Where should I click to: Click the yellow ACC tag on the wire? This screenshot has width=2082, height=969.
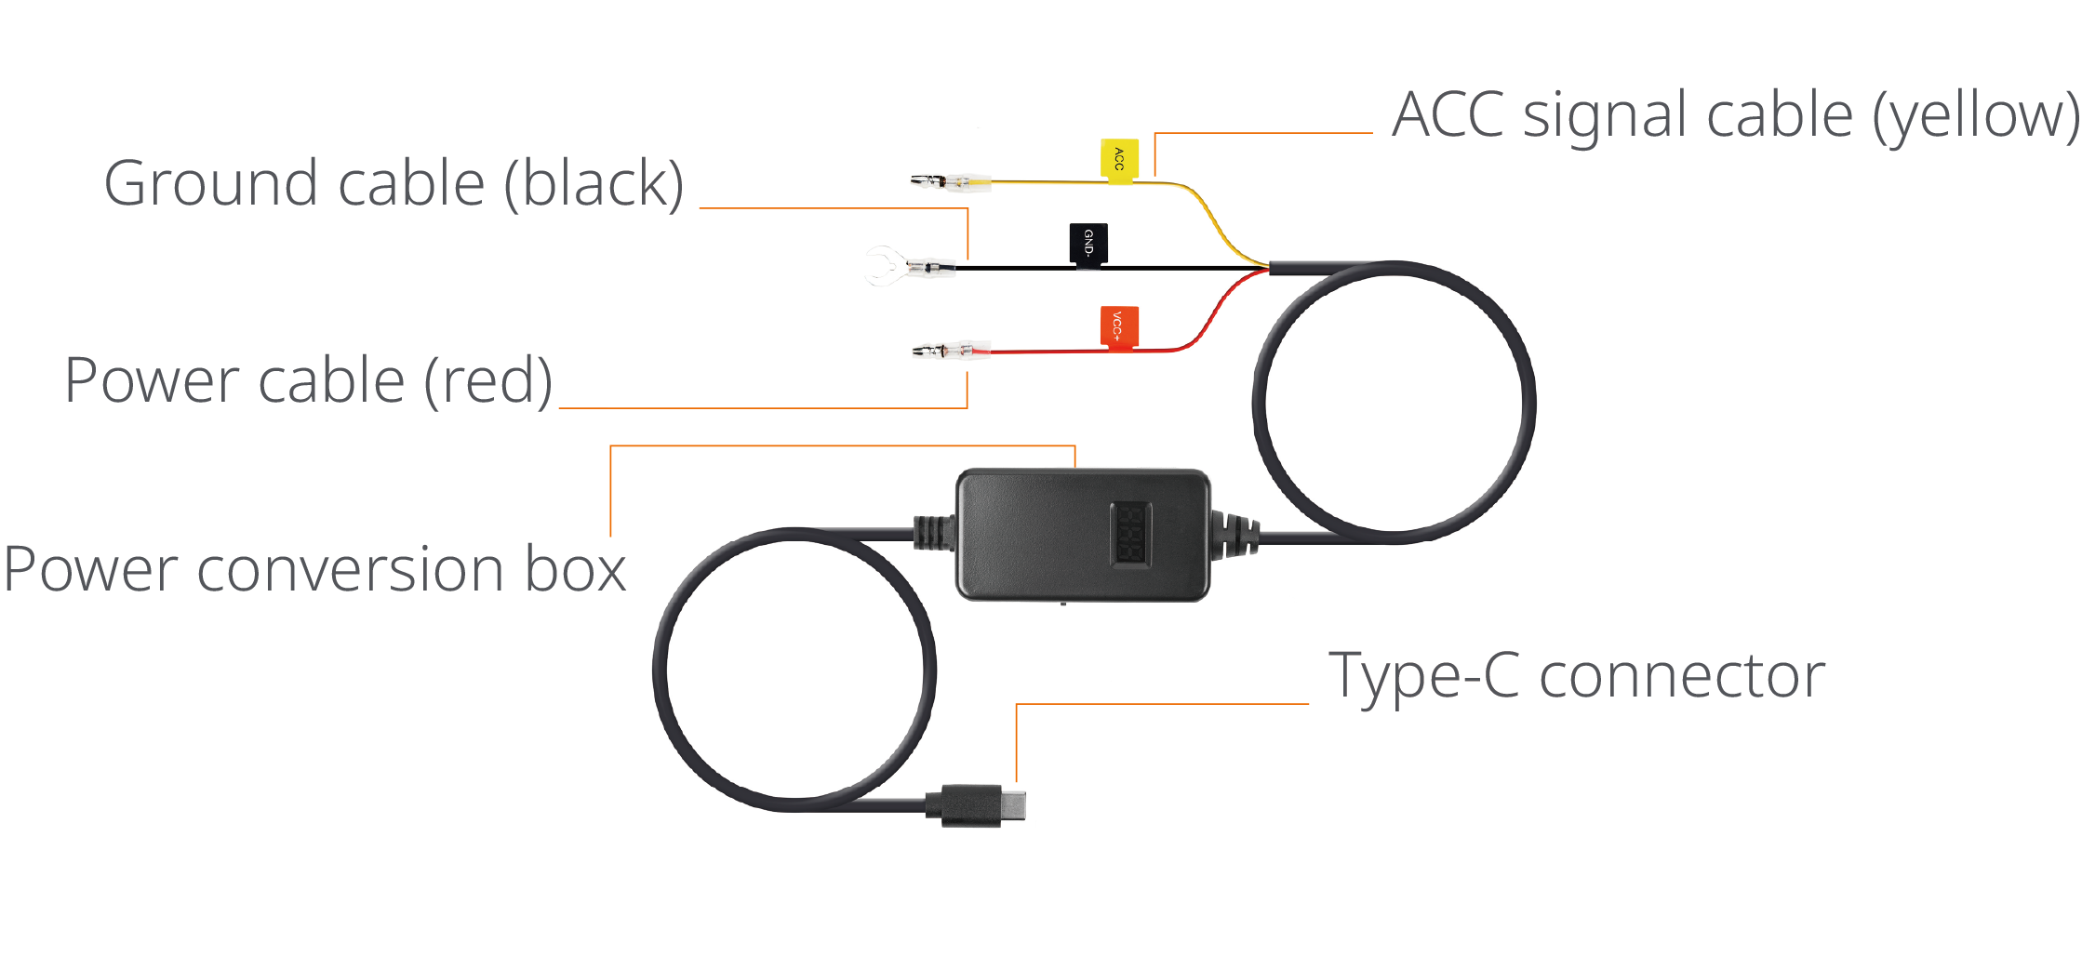[x=1118, y=160]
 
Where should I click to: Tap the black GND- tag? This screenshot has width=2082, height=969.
[x=1088, y=246]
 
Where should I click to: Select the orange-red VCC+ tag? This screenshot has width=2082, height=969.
[x=1119, y=327]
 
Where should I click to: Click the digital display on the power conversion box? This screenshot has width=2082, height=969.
[x=1130, y=534]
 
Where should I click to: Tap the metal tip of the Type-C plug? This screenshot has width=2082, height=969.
[x=1014, y=804]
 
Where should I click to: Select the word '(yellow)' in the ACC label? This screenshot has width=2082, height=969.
[x=1975, y=116]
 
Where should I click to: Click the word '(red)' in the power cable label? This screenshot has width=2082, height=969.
[x=487, y=380]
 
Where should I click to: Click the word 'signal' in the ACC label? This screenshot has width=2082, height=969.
[x=1607, y=116]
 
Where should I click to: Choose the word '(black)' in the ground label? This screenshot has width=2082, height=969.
[x=594, y=183]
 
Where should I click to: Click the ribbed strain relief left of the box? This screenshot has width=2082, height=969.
[x=934, y=533]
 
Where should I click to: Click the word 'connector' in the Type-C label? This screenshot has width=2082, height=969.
[x=1682, y=676]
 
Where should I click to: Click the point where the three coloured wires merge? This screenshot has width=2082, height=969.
[x=1269, y=268]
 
